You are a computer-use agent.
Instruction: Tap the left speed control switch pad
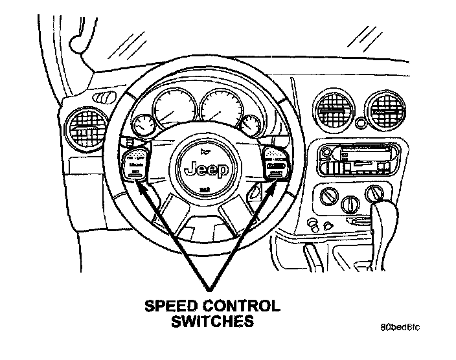(136, 167)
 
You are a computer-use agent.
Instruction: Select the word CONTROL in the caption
(240, 305)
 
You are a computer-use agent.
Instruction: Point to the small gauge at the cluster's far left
(141, 124)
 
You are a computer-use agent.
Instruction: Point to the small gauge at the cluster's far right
(251, 122)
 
